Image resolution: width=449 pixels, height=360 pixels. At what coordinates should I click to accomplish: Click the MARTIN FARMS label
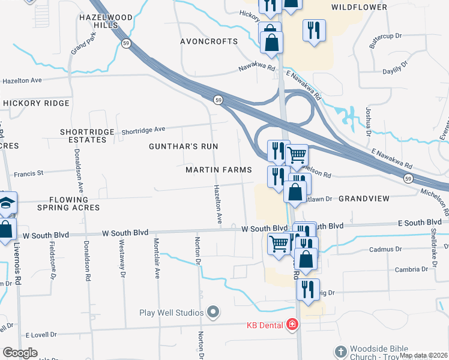(x=218, y=170)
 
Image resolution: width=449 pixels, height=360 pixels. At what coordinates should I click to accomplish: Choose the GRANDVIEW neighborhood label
(x=364, y=198)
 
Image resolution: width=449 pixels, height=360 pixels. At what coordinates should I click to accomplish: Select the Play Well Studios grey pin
(x=213, y=312)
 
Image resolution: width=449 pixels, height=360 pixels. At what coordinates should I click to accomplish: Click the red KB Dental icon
(x=292, y=325)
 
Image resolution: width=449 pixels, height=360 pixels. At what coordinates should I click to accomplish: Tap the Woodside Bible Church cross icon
(x=340, y=351)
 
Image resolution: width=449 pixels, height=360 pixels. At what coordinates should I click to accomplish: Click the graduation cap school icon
(x=7, y=203)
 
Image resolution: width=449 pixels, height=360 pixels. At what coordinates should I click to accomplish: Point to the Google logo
(x=20, y=353)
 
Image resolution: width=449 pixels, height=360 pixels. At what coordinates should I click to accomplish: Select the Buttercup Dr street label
(x=380, y=41)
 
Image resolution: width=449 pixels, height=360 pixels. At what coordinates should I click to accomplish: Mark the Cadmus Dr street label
(x=385, y=249)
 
